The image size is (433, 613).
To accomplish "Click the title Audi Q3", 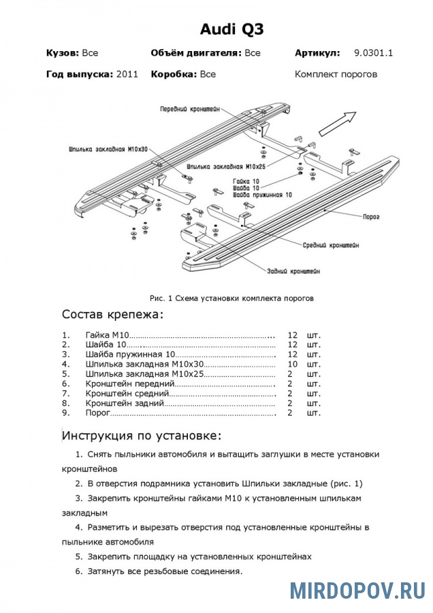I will tap(231, 29).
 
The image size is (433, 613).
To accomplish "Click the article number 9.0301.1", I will tap(374, 52).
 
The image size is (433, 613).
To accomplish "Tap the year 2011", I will tap(127, 74).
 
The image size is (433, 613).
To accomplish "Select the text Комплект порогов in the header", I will tap(336, 74).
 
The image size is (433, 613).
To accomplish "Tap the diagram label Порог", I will tap(370, 217).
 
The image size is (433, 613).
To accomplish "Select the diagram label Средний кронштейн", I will tap(332, 245).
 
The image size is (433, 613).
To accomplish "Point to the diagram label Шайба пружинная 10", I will tap(261, 195).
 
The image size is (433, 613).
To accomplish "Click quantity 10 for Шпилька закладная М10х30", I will tap(293, 364).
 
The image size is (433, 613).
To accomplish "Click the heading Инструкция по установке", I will tap(142, 435).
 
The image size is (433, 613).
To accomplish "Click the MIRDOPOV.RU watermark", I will tap(357, 590).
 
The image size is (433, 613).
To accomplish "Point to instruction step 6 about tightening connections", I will tap(164, 571).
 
